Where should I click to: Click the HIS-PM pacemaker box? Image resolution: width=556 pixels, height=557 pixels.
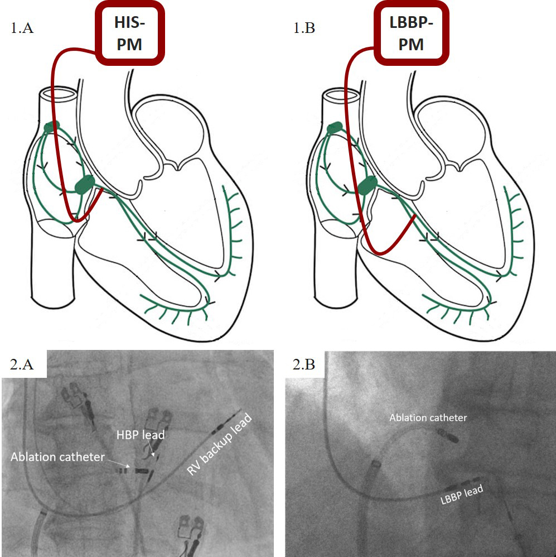[129, 33]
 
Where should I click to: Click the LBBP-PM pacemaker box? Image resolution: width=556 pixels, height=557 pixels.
[411, 33]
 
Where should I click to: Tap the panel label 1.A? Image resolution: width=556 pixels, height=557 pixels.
[22, 28]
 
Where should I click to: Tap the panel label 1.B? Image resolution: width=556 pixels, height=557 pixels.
[304, 28]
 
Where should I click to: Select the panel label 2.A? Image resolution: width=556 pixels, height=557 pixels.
[22, 364]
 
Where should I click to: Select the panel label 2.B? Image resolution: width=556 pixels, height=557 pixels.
[304, 364]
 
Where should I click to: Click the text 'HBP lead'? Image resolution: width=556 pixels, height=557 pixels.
[141, 435]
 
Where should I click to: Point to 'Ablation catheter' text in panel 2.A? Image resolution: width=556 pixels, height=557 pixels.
[57, 457]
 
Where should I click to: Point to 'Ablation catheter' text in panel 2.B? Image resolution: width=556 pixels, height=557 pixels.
[428, 417]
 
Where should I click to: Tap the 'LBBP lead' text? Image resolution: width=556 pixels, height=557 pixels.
[462, 494]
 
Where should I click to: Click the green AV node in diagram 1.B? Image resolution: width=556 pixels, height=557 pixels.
[368, 185]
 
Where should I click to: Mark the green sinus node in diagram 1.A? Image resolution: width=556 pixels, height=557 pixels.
[52, 127]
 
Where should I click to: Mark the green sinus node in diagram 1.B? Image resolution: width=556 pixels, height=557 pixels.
[335, 128]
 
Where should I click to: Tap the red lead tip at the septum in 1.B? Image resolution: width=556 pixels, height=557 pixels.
[415, 215]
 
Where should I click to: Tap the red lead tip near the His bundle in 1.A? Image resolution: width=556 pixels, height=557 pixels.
[102, 189]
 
